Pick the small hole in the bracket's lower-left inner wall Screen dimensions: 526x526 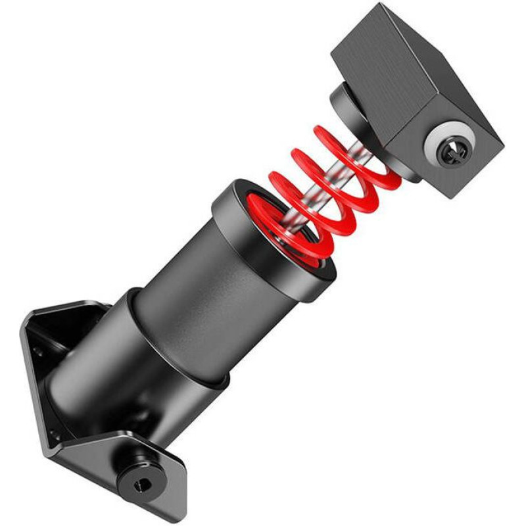tap(56, 434)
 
